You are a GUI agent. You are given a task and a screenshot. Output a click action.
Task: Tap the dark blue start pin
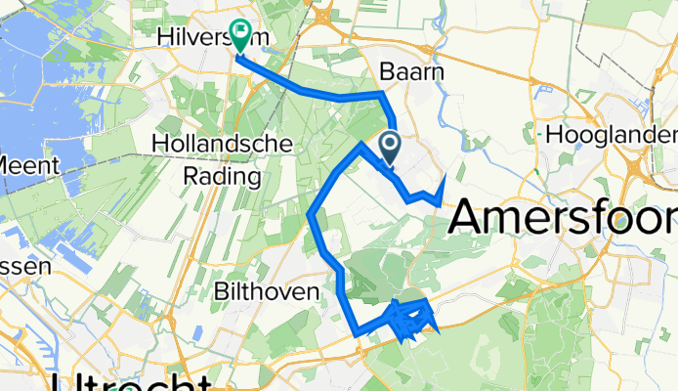[x=390, y=148]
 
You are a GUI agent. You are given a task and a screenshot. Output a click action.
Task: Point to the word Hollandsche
[x=222, y=145]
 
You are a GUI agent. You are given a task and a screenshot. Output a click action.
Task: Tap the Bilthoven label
[x=266, y=292]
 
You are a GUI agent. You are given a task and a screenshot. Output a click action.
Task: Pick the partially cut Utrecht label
[x=131, y=381]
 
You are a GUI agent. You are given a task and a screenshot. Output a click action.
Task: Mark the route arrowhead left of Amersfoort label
[x=444, y=181]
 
